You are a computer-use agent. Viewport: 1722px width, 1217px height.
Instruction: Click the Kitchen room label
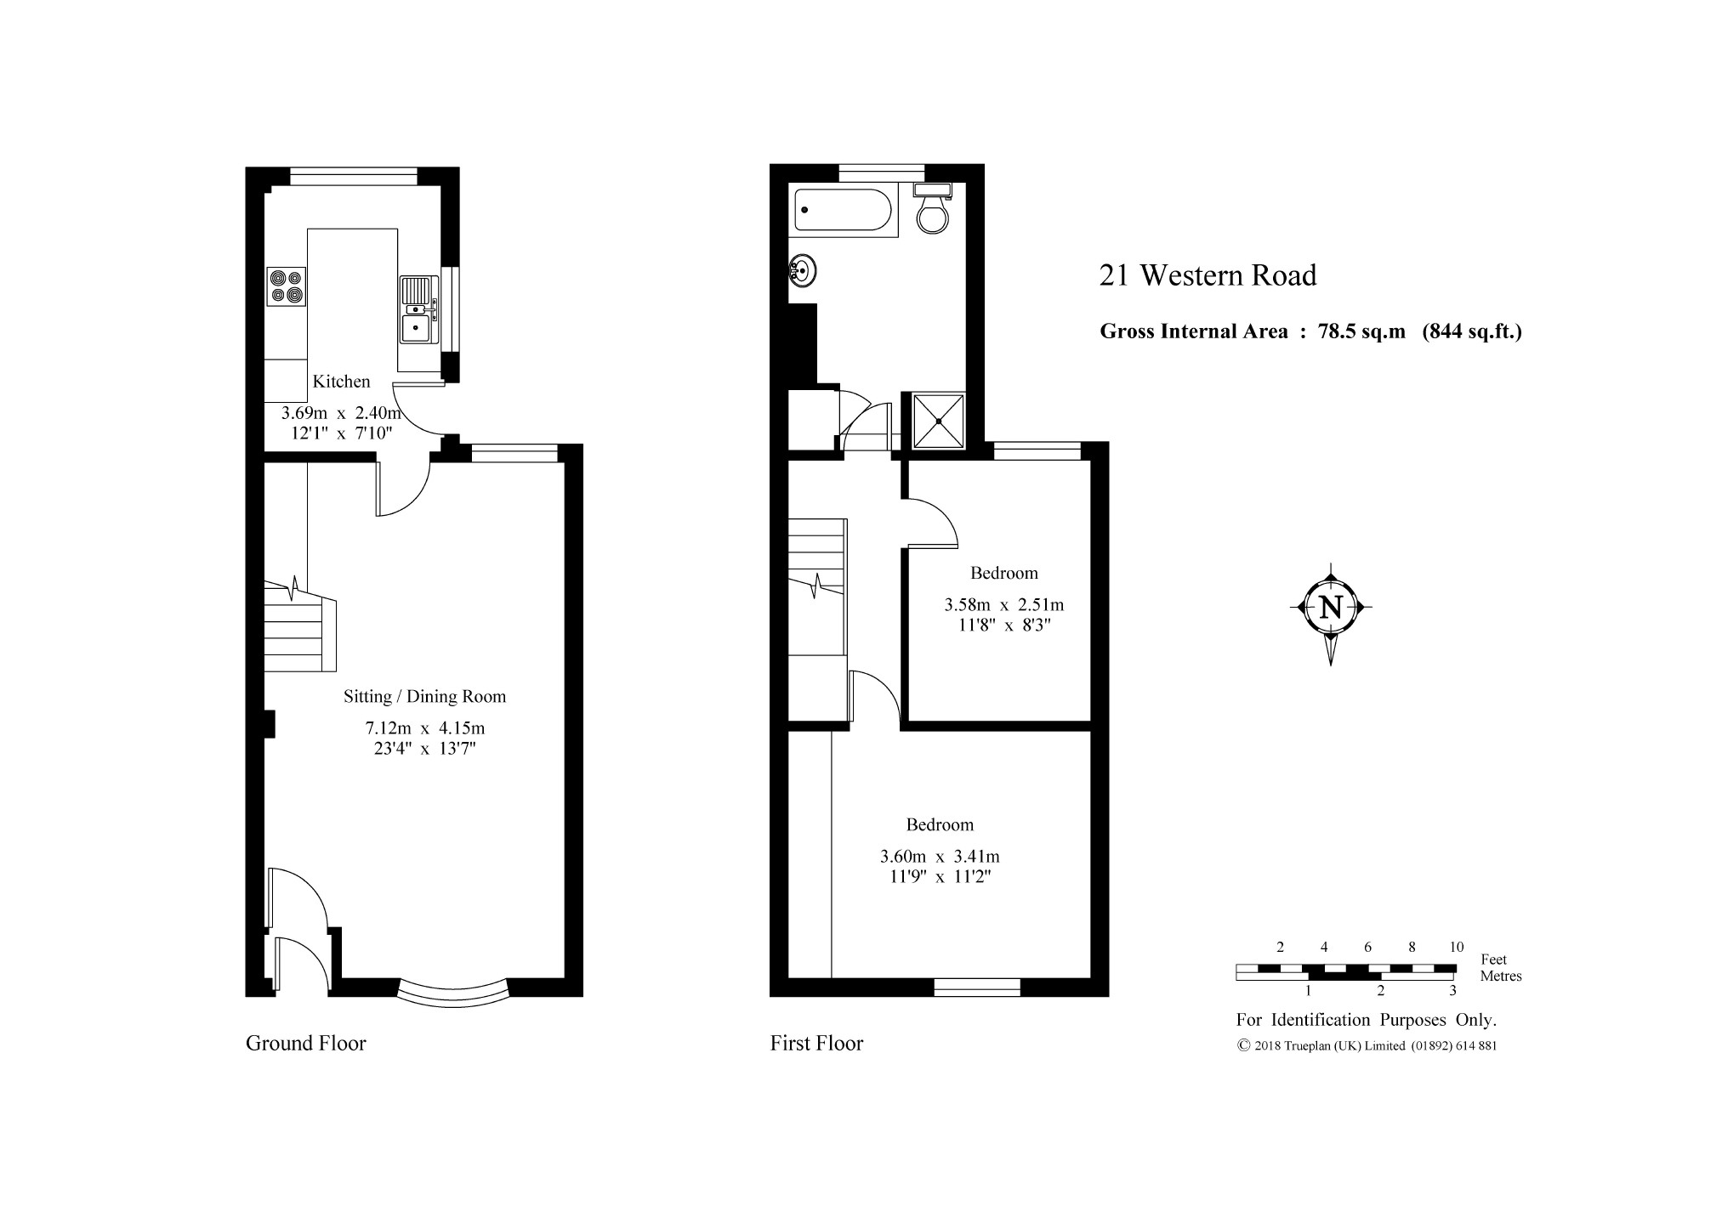tap(341, 382)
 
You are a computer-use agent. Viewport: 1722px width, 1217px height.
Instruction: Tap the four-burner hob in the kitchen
tap(287, 286)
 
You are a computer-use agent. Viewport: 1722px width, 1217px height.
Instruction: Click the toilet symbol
tap(933, 207)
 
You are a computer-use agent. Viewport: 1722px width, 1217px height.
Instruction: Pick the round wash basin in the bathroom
tap(804, 271)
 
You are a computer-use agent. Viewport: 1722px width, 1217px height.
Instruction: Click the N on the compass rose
tap(1331, 608)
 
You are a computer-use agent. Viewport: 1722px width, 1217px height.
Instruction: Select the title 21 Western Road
tap(1208, 275)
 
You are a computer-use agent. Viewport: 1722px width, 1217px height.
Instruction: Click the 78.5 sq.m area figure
tap(1361, 331)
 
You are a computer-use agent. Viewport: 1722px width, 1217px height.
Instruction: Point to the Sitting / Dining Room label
tap(424, 697)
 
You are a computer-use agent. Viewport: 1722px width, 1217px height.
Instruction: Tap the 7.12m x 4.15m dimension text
tap(424, 728)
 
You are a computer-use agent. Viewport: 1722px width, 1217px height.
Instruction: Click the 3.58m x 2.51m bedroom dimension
tap(1003, 605)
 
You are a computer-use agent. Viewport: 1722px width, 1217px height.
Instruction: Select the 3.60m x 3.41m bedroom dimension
tap(940, 857)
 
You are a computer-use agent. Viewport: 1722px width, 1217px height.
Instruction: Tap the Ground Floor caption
tap(305, 1044)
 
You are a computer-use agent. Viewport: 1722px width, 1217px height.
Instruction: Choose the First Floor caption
tap(816, 1044)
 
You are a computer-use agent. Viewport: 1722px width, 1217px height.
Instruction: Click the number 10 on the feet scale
tap(1456, 948)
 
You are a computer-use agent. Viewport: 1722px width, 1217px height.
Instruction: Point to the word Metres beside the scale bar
tap(1501, 976)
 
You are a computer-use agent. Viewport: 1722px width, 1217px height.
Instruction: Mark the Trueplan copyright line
tap(1367, 1046)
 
